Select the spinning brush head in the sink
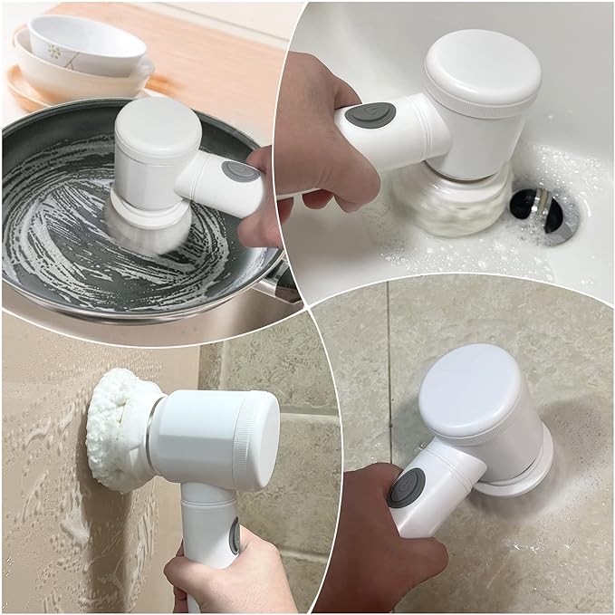tap(453, 204)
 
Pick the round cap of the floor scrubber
tap(472, 389)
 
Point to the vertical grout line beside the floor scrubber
tap(389, 380)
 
